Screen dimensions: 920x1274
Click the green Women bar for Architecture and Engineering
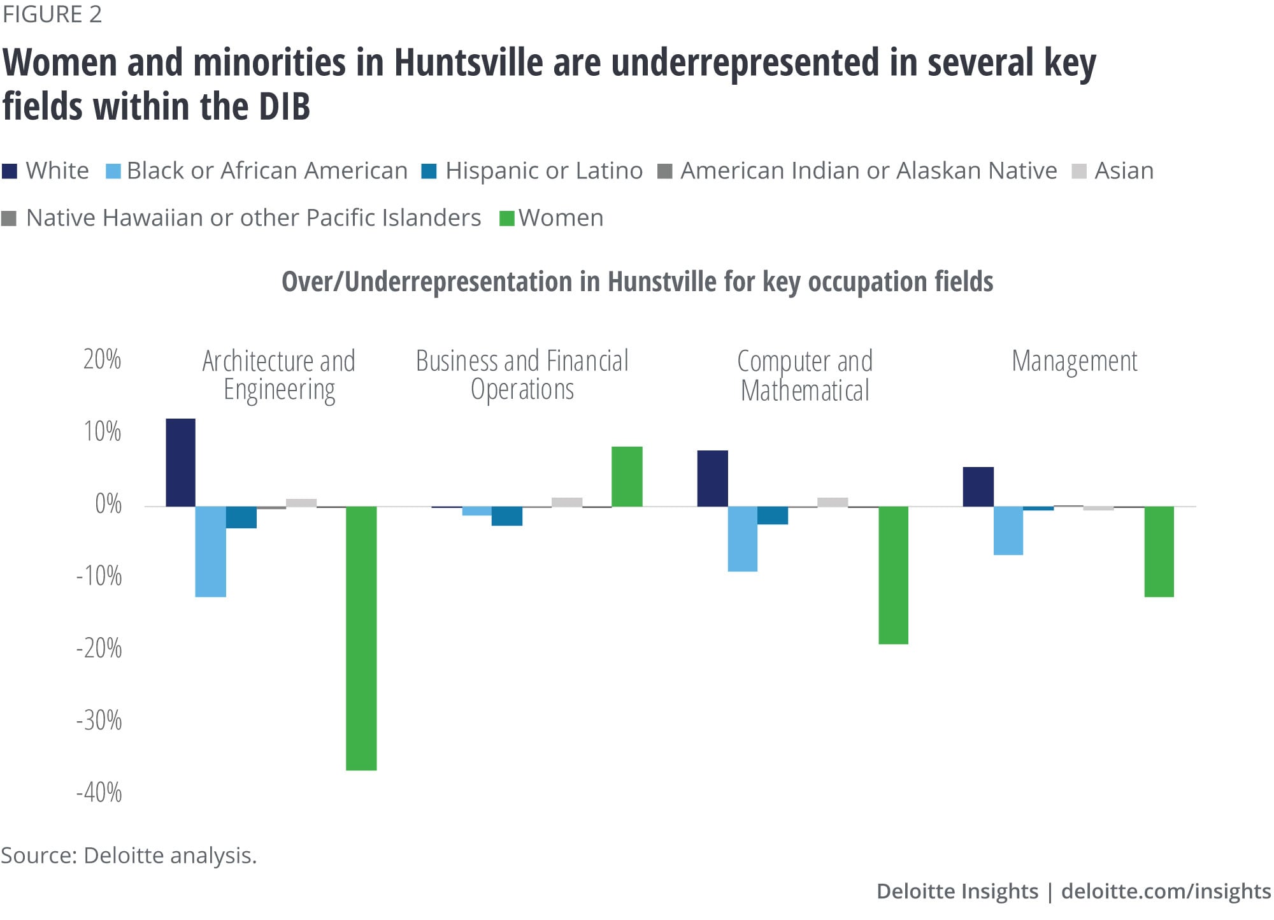click(x=361, y=638)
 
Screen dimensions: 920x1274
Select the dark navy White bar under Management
click(x=978, y=487)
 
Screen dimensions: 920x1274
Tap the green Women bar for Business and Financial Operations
click(x=627, y=477)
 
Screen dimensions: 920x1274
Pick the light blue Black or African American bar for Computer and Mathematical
click(x=743, y=538)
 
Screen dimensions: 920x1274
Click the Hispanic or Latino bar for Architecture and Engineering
click(x=241, y=517)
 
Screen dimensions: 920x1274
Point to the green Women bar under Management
click(x=1159, y=551)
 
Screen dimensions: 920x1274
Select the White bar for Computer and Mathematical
click(x=712, y=478)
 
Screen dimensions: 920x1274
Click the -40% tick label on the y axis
click(x=99, y=793)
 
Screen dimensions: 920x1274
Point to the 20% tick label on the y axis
click(x=102, y=360)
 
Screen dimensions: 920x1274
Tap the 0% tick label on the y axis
click(x=108, y=504)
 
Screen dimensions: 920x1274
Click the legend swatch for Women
click(x=506, y=219)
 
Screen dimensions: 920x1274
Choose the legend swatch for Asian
click(x=1079, y=171)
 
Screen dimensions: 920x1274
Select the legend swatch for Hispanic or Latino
click(x=429, y=171)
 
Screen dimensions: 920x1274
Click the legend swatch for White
click(x=10, y=171)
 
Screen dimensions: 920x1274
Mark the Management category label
click(x=1074, y=361)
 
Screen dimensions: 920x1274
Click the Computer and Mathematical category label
click(x=805, y=376)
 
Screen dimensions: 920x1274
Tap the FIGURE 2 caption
click(x=52, y=14)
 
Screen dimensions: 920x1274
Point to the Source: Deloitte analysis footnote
click(x=129, y=855)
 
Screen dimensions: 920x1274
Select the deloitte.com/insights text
click(x=1166, y=891)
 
